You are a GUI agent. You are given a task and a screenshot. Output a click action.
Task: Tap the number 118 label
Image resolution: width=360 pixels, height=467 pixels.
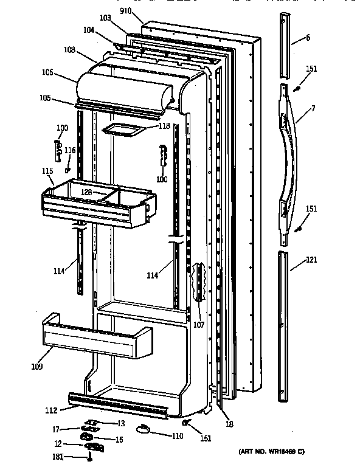pyautogui.click(x=164, y=126)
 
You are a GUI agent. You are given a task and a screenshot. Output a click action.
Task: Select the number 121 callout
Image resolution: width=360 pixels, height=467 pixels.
pyautogui.click(x=311, y=260)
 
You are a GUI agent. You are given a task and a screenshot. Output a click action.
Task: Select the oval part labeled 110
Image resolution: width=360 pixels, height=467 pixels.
pyautogui.click(x=144, y=430)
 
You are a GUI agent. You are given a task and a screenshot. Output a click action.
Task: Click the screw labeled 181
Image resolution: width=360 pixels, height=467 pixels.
pyautogui.click(x=91, y=455)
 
